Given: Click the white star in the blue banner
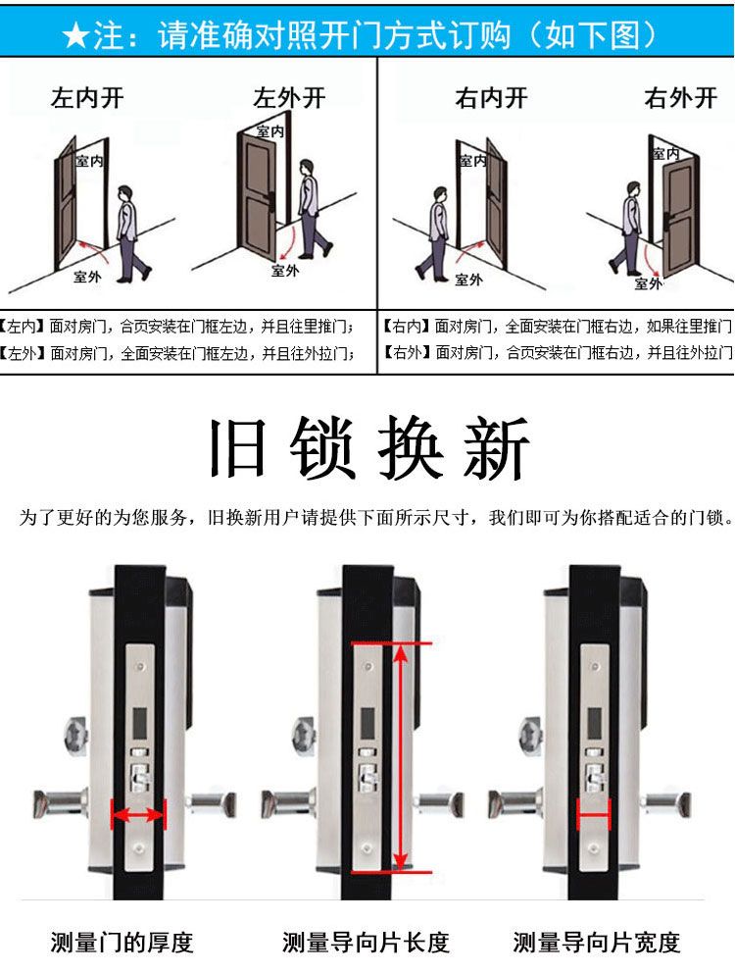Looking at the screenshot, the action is (76, 35).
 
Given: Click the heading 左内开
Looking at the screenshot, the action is (87, 98).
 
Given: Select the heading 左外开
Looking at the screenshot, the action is (289, 97).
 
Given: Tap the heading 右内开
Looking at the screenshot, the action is (491, 98).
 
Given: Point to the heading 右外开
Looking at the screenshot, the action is (680, 98).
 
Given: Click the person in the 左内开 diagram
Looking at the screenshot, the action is (131, 233).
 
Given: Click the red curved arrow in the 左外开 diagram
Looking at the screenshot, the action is (286, 244).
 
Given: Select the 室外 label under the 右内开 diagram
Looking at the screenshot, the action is (468, 280).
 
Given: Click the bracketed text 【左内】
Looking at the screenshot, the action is (22, 326).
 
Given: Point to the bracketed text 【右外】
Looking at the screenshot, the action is (407, 352).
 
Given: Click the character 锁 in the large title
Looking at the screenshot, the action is (322, 447).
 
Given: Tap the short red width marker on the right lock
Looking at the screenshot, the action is (594, 814).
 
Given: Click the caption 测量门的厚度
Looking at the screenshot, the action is (122, 943).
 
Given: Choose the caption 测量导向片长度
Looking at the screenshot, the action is (366, 943).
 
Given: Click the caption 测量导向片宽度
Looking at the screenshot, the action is (597, 943).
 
